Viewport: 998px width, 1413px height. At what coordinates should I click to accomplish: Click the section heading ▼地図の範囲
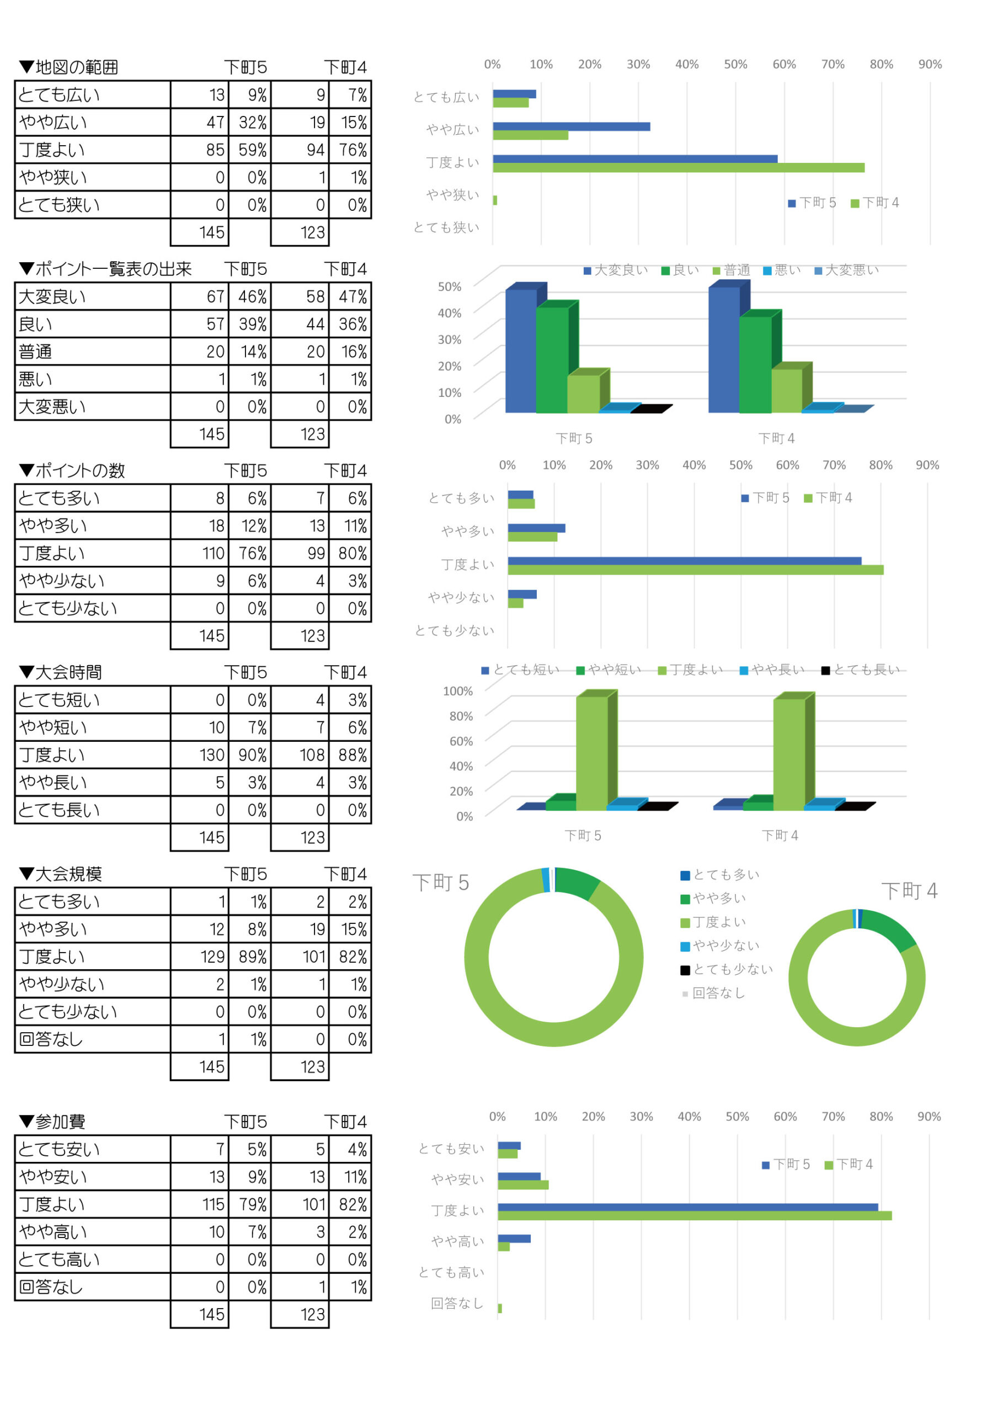tap(68, 67)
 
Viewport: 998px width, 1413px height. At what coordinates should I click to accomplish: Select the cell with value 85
tap(199, 150)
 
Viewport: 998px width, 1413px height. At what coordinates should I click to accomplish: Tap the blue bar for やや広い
tap(571, 127)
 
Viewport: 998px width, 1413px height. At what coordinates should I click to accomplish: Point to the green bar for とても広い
tap(510, 103)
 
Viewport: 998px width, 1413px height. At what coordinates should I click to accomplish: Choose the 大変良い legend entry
tap(615, 270)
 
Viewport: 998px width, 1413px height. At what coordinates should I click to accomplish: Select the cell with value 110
tap(199, 553)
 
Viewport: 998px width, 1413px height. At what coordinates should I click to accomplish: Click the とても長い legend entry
tap(861, 670)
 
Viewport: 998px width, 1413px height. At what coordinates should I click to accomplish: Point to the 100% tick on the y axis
tap(458, 691)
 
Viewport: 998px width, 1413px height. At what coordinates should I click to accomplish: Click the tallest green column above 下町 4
tap(789, 754)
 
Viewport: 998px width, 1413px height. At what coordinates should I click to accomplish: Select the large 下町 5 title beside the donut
tap(441, 883)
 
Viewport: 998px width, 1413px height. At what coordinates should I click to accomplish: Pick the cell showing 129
tap(199, 957)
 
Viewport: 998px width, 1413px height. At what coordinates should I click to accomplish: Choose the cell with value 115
tap(199, 1204)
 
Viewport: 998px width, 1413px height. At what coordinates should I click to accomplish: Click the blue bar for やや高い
tap(514, 1239)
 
